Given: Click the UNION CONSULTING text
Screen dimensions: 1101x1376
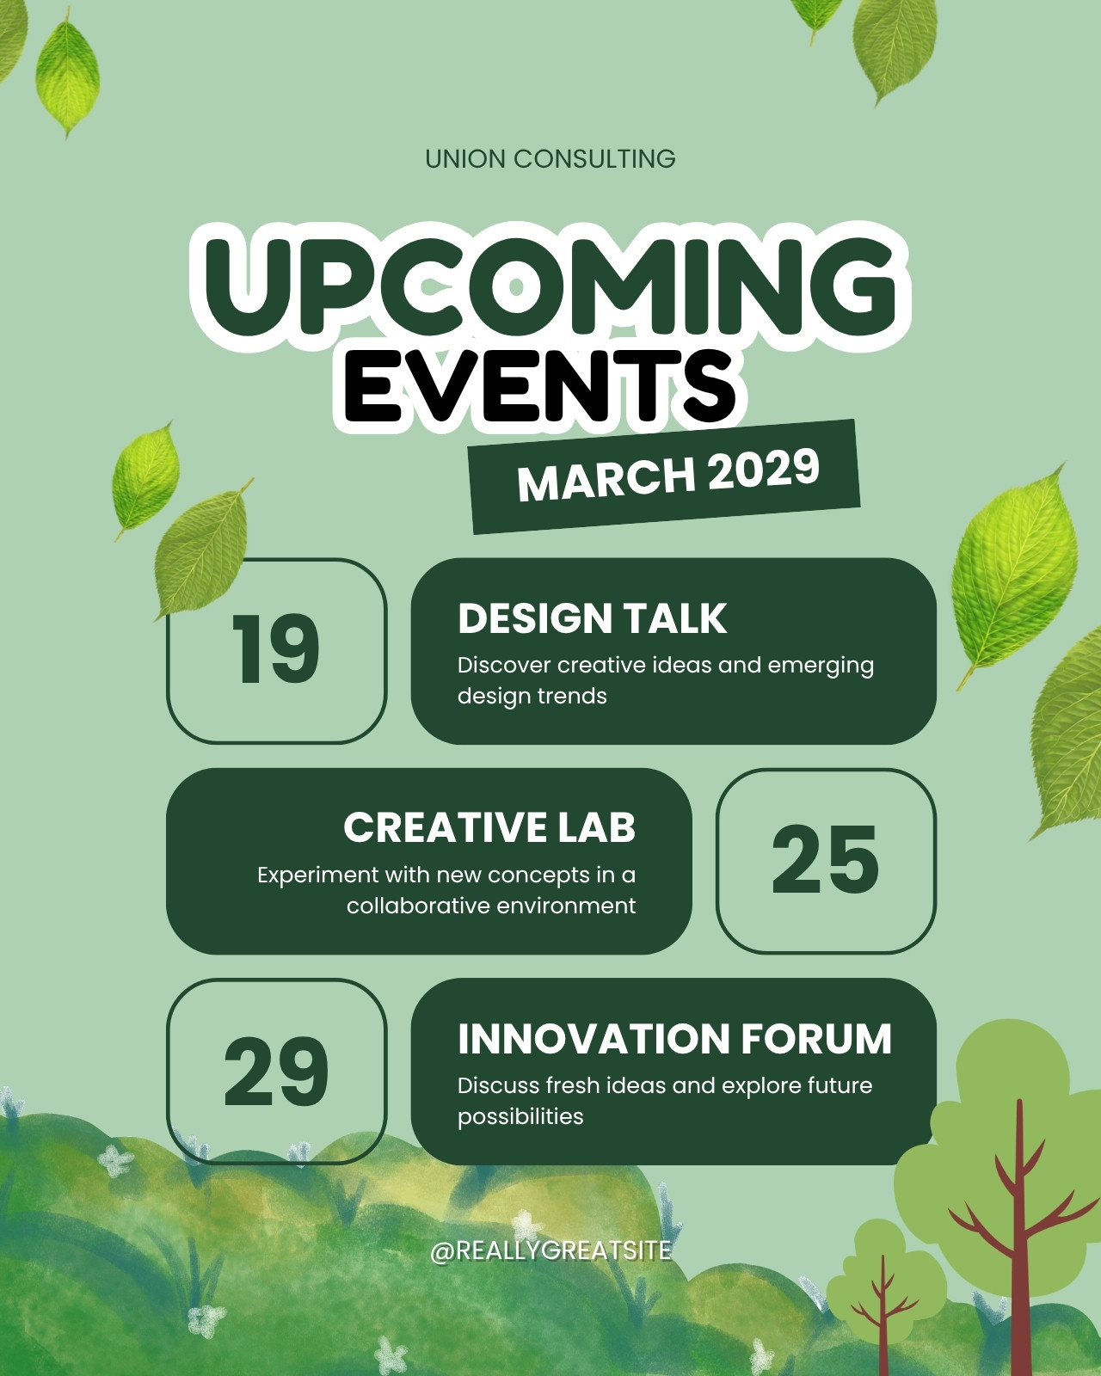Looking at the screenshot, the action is pos(550,159).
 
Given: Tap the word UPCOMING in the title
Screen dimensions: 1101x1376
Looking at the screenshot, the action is pos(550,286).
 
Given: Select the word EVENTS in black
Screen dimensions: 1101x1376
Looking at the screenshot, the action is pos(540,388).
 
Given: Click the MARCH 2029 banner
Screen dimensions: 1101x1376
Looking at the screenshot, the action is pos(664,476).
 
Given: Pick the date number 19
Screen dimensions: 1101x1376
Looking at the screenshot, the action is pos(276,650).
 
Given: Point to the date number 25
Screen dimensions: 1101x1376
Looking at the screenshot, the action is pos(825,859).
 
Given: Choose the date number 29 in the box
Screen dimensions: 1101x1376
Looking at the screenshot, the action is pos(276,1071).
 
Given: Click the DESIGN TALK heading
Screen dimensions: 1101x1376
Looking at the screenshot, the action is pos(593,618).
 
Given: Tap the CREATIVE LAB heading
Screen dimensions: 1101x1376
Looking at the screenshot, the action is pos(489,827).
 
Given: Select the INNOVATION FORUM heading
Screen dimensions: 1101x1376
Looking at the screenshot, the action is pos(675,1038).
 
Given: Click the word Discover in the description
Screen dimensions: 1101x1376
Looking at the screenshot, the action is pos(503,665).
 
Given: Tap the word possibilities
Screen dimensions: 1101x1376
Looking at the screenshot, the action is pos(520,1117).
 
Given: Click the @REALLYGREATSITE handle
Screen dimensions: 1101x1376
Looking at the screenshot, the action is pos(551,1250).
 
